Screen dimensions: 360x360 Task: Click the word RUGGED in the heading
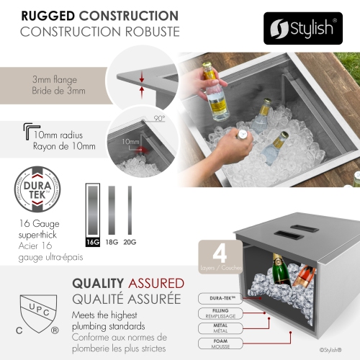coord(52,14)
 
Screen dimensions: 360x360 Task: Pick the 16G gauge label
coord(93,242)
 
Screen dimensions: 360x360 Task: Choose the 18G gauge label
coord(111,242)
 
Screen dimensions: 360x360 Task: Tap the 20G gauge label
coord(130,242)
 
